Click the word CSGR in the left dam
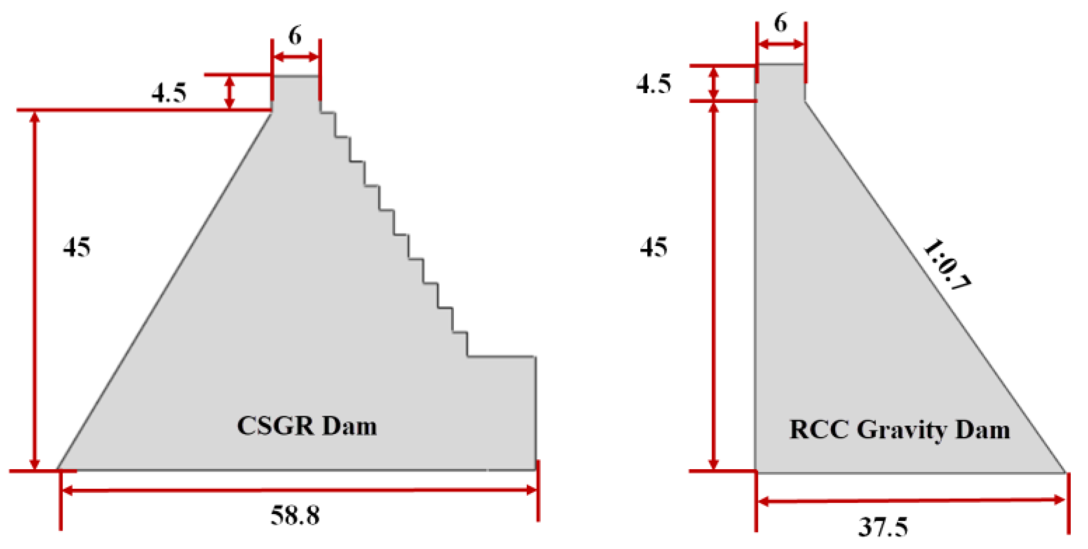pos(275,426)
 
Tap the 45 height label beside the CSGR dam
pos(77,247)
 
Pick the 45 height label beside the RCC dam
pos(653,247)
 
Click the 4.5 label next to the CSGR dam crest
pos(169,93)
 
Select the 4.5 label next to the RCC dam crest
pos(653,84)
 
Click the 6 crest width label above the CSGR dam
pos(295,36)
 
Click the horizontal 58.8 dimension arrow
pos(299,490)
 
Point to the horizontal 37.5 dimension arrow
pos(911,501)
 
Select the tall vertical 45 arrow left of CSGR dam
pos(35,289)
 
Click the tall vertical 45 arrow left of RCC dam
pos(714,285)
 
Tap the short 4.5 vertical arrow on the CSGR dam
pos(229,92)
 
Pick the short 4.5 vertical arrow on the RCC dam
pos(714,83)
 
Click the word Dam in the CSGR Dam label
pos(349,426)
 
